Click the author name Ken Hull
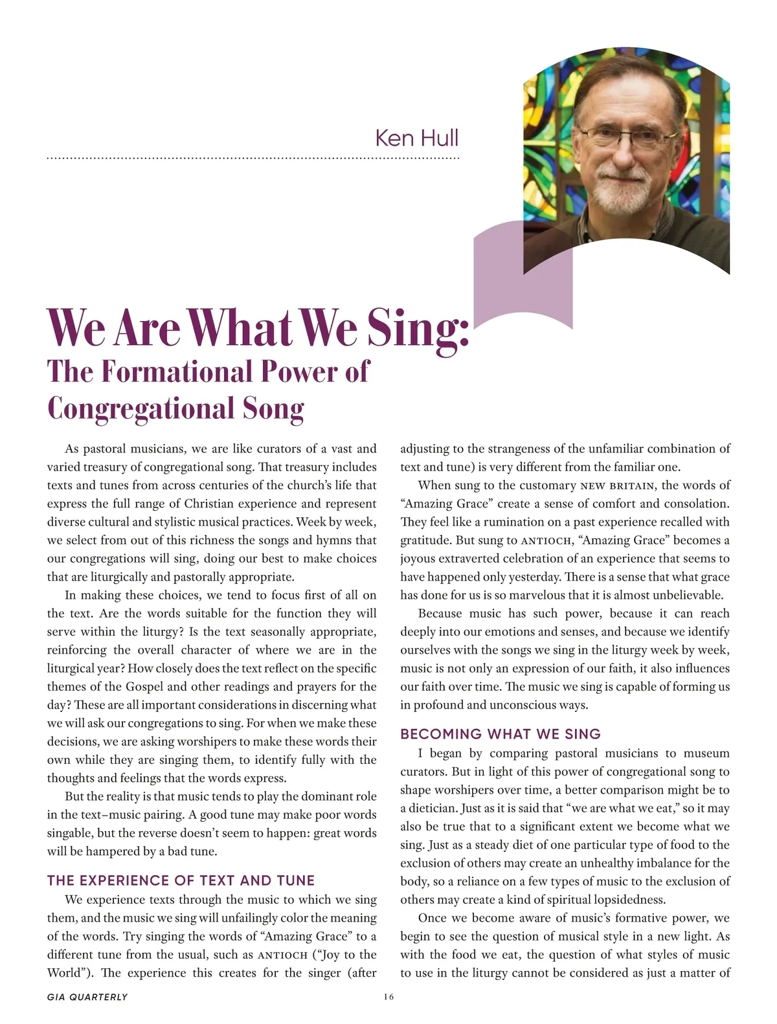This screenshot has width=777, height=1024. (416, 138)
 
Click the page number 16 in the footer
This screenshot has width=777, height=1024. (388, 997)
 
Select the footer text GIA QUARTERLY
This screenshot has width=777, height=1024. (87, 997)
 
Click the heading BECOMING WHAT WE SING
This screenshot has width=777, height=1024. (501, 734)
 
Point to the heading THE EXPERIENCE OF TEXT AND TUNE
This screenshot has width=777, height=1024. (181, 880)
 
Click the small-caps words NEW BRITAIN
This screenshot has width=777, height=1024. (617, 485)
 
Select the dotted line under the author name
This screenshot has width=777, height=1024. (253, 158)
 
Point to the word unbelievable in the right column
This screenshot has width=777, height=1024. (684, 595)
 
